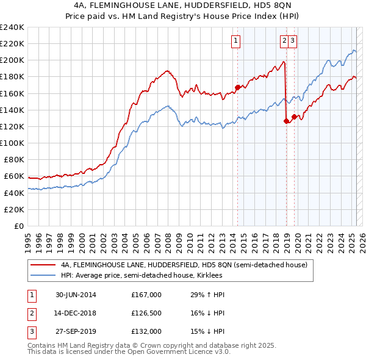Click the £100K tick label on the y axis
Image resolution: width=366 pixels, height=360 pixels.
[x=12, y=143]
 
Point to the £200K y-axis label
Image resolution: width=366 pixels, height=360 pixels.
[x=12, y=60]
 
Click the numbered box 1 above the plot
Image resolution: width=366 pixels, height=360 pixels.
[x=236, y=41]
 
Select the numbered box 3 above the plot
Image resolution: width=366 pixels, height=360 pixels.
[x=293, y=41]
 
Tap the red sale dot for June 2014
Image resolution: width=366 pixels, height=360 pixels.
[x=237, y=87]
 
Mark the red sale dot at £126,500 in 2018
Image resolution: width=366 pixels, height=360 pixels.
[x=286, y=121]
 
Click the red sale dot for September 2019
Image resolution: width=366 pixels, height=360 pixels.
[x=294, y=117]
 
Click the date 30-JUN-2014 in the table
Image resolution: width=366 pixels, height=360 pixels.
[x=76, y=295]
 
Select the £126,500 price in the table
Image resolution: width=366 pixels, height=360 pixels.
[x=146, y=313]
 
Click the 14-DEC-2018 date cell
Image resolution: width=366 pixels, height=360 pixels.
[x=76, y=313]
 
